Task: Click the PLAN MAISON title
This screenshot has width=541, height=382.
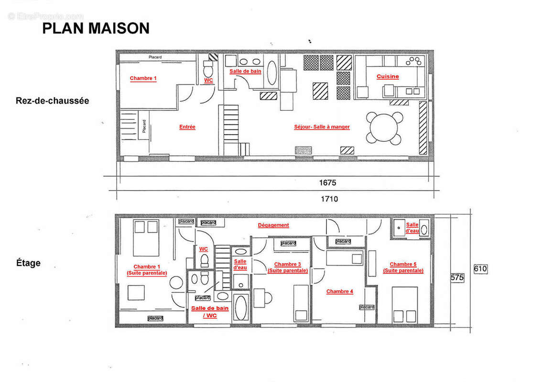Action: [x=96, y=28]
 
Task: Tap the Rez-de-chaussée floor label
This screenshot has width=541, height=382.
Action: [x=52, y=101]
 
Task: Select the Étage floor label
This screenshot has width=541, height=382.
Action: [x=29, y=263]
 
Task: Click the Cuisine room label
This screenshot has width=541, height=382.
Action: [x=387, y=76]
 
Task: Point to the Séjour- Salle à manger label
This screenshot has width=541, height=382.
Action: [x=322, y=127]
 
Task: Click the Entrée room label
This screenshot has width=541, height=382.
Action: [x=187, y=127]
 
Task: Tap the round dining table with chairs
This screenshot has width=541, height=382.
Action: [x=385, y=127]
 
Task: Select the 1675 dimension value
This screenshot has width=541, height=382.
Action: [x=327, y=182]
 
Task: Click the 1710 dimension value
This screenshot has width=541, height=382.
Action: [x=329, y=199]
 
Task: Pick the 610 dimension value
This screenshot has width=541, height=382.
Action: [x=480, y=269]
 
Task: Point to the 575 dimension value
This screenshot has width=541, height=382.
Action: [x=457, y=277]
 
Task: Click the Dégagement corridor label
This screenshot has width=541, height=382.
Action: [x=273, y=225]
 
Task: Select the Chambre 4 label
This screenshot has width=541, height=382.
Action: [x=339, y=291]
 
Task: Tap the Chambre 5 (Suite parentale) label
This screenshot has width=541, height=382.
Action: [x=403, y=267]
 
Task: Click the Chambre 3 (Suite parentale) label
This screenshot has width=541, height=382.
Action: [x=287, y=267]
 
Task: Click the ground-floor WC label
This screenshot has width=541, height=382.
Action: [x=208, y=80]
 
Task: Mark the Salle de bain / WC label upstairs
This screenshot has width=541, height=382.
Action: [x=210, y=312]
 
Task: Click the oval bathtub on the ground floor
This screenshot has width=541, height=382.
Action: [x=270, y=73]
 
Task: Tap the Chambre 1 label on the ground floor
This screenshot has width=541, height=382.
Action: [x=143, y=78]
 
